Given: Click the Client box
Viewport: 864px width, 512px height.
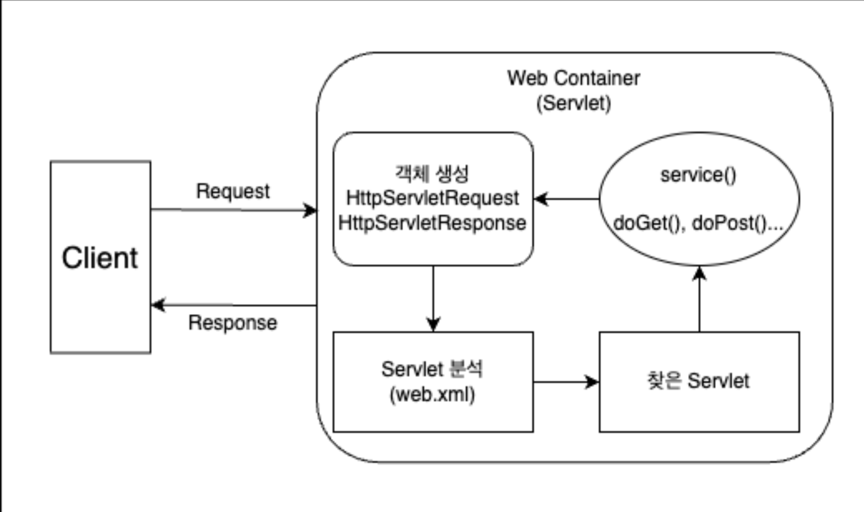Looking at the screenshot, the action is pos(100,257).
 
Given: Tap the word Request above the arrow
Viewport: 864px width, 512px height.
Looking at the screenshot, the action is pos(233,192).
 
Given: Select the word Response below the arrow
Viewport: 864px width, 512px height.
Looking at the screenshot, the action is pos(233,323).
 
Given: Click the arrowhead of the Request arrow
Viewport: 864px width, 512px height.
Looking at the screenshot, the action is pos(310,210).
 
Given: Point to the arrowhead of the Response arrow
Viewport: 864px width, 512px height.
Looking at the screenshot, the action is pos(158,305).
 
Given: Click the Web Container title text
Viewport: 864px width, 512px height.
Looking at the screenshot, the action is pos(574,78).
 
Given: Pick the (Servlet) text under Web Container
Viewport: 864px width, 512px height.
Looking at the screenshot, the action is pos(574,103).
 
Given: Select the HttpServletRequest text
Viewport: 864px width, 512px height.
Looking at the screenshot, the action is pos(432,198).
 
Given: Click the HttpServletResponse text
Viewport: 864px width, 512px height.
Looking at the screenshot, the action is pos(432,223).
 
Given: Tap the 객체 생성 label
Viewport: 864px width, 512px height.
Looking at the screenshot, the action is pos(432,174).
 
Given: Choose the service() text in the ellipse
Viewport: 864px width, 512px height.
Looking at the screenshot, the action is pos(699,175).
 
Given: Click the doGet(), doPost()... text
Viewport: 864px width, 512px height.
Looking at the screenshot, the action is pos(699,223).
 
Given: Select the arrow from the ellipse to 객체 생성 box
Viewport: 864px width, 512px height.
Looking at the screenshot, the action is pos(566,199).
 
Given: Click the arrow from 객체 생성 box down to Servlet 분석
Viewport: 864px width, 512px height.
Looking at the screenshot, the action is pos(433,298).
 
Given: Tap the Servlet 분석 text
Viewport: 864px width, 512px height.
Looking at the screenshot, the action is pos(432,369).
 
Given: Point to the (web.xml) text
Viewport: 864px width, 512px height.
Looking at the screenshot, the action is pos(432,394).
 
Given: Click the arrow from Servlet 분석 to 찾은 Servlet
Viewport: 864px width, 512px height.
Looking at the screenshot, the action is pos(566,382).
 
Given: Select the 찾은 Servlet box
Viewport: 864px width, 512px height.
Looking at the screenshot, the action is pos(699,382).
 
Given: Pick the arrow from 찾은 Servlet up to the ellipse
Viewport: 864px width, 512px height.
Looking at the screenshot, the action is pos(700,299).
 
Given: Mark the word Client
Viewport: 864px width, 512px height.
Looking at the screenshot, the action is pos(100,258).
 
